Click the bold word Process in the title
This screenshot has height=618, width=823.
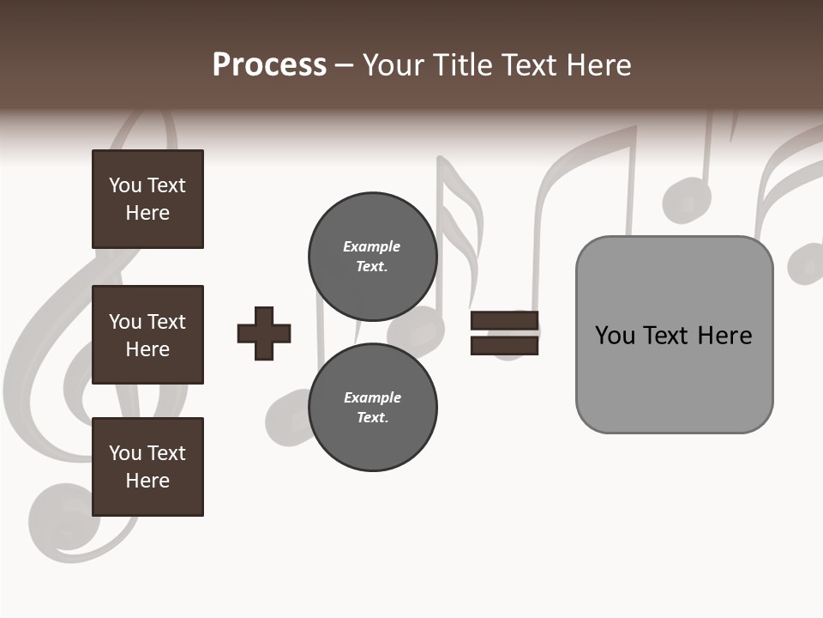pos(269,65)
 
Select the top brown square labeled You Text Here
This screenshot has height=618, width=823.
pos(147,199)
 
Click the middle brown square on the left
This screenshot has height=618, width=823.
pos(147,335)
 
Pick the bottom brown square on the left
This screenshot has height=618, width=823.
pos(147,467)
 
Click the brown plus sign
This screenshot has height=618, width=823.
pos(264,333)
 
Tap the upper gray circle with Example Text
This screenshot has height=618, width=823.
pos(372,257)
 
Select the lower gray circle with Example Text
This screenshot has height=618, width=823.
pos(372,408)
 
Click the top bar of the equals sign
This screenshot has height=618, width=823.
pos(504,321)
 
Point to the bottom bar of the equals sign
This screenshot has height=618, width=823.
pos(504,345)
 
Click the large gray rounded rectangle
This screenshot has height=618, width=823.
pos(674,378)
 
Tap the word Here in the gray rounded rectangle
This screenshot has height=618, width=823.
pos(724,336)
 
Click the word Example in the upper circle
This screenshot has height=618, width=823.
pos(371,246)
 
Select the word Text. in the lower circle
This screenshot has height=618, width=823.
pos(372,418)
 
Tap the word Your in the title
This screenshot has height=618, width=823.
pos(393,65)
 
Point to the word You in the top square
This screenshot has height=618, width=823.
pos(124,185)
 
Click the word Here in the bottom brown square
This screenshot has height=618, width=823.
pos(147,481)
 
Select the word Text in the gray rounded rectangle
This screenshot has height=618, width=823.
pos(667,336)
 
